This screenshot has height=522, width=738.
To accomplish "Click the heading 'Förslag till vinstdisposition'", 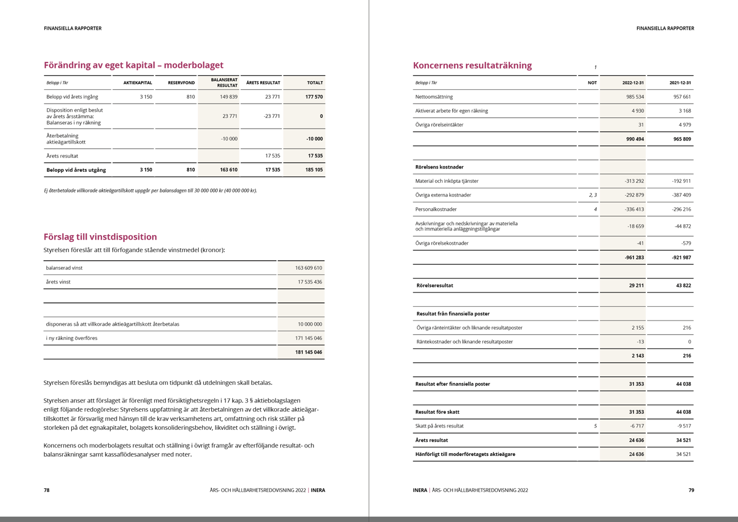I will [100, 237].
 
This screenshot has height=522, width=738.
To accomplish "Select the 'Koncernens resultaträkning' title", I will [472, 65].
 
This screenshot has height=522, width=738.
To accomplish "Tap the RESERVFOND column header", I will [181, 83].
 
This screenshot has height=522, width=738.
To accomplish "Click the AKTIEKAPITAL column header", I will [138, 83].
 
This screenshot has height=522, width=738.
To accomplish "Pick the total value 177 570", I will [314, 97].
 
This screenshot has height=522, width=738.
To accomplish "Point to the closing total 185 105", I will [314, 170].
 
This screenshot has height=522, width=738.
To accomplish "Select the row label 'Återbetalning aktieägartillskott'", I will [66, 139].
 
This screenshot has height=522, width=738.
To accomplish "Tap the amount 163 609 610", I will [308, 268].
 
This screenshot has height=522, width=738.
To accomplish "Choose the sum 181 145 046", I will [308, 352].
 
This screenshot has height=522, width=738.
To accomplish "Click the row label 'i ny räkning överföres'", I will [72, 338].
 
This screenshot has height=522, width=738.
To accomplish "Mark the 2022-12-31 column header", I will [633, 83].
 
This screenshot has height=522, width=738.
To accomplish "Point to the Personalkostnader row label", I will [436, 209].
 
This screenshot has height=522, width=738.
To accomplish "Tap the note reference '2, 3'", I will [592, 195].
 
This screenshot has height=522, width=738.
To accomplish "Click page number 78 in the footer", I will [47, 490].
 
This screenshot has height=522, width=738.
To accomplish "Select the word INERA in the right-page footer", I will [420, 490].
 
